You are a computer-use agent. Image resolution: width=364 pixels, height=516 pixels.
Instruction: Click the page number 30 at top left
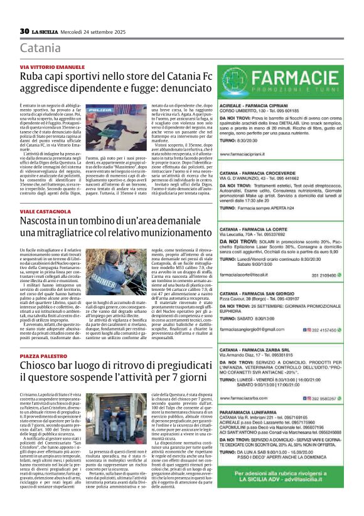coord(24,31)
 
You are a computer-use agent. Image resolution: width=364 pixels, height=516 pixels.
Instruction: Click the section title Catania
coord(41,48)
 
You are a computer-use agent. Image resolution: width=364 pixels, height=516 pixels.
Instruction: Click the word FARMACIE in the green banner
coord(304,79)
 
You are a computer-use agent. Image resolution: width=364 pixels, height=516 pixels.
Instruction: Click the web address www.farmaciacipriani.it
coord(248,153)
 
